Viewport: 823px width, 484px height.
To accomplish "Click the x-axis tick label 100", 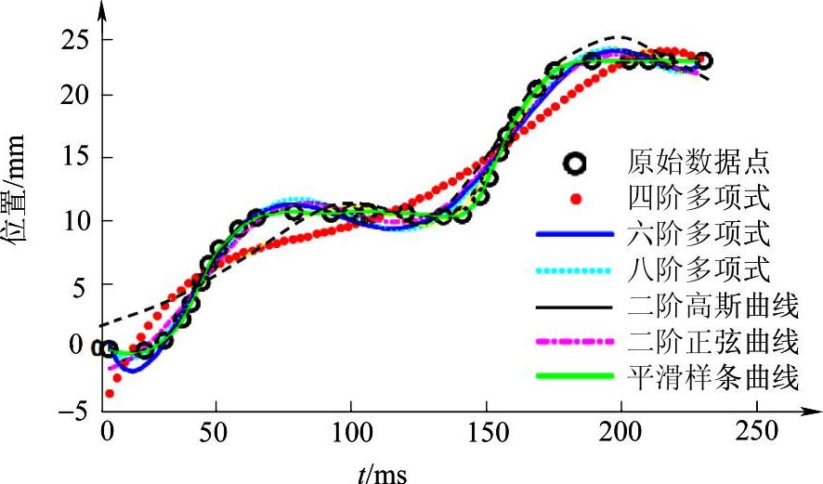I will tap(351, 434).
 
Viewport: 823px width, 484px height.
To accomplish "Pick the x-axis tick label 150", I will tap(486, 434).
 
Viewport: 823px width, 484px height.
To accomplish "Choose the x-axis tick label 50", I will tap(216, 434).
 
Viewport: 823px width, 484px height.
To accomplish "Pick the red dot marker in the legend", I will tap(576, 199).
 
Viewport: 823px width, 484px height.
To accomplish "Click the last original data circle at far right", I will tap(704, 60).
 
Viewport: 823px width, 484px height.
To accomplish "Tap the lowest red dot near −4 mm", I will tap(110, 394).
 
